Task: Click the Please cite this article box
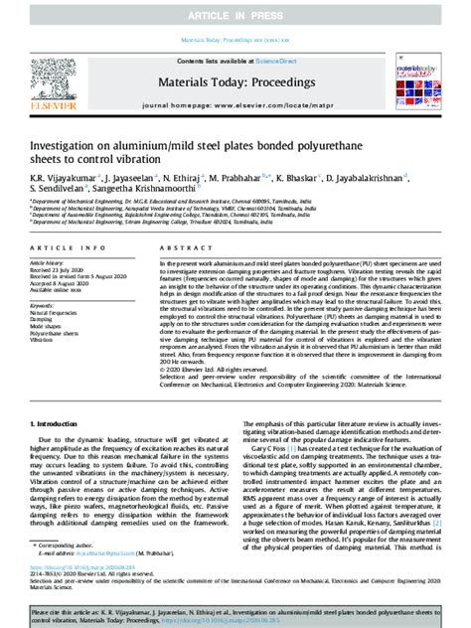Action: coord(235,609)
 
